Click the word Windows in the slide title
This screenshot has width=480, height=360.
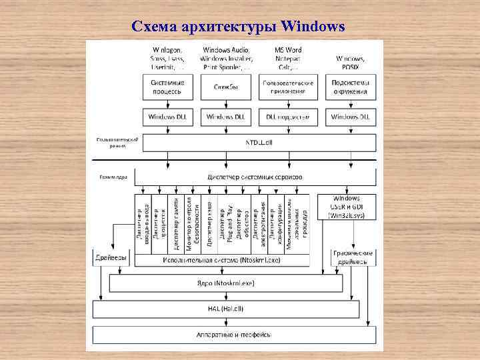(313, 27)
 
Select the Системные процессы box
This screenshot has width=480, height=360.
(167, 87)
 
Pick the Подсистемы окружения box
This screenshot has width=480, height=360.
(350, 87)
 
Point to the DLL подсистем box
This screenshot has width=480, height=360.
(287, 117)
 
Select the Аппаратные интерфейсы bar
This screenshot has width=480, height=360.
(233, 333)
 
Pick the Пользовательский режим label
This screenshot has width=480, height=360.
(117, 143)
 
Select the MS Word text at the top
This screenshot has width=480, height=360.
(288, 50)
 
